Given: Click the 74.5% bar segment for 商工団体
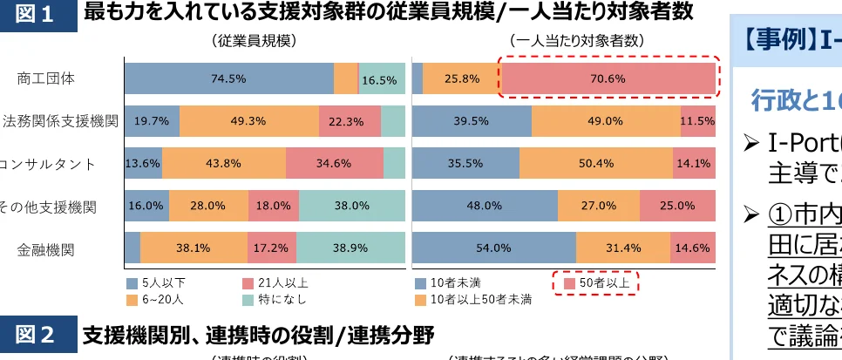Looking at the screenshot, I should point(228,78).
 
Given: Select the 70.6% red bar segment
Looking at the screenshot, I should point(608,78).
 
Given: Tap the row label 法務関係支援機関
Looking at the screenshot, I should point(60,121).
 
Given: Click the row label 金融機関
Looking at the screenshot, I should point(46,249).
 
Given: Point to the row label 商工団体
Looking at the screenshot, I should point(46,78).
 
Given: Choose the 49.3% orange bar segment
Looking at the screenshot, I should point(248,121).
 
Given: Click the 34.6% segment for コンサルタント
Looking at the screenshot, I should point(334,163).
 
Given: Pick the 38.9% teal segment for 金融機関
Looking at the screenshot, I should point(351,248).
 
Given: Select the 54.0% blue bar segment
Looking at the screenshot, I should point(493,248).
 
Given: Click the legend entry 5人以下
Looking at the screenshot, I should point(157,283).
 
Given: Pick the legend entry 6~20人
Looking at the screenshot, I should point(157,300).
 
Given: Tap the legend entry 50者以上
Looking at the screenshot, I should point(597,283).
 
